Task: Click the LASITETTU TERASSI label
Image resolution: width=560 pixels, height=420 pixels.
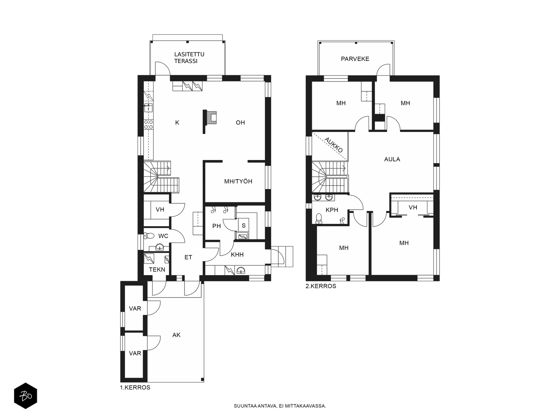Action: pyautogui.click(x=189, y=58)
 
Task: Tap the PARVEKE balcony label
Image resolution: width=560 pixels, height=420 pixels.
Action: pyautogui.click(x=355, y=59)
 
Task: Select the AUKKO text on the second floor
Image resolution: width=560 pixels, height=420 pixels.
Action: pyautogui.click(x=334, y=145)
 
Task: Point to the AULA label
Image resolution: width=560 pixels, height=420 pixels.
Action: pyautogui.click(x=392, y=159)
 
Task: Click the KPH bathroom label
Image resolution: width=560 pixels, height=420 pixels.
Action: pyautogui.click(x=332, y=210)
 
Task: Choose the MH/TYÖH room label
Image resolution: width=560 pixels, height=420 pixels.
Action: pyautogui.click(x=238, y=181)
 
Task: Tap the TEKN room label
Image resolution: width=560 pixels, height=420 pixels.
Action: pyautogui.click(x=157, y=269)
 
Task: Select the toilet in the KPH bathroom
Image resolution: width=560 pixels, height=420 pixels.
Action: pyautogui.click(x=318, y=218)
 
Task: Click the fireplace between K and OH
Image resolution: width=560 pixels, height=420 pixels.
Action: pyautogui.click(x=211, y=118)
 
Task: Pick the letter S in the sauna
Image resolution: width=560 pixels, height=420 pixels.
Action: pyautogui.click(x=244, y=225)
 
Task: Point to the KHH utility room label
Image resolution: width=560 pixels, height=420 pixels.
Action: pyautogui.click(x=237, y=254)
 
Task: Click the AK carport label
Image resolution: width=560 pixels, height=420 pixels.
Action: pyautogui.click(x=176, y=335)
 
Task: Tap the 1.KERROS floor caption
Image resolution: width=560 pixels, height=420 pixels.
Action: pyautogui.click(x=135, y=387)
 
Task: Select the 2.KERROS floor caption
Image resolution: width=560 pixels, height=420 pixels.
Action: pyautogui.click(x=321, y=286)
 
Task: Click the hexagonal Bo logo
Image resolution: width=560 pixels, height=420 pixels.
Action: pyautogui.click(x=26, y=396)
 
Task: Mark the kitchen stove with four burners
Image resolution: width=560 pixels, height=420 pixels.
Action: pyautogui.click(x=148, y=125)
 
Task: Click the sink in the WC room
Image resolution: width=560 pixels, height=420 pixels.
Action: pyautogui.click(x=160, y=247)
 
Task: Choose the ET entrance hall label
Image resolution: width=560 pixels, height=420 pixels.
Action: pyautogui.click(x=188, y=257)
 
